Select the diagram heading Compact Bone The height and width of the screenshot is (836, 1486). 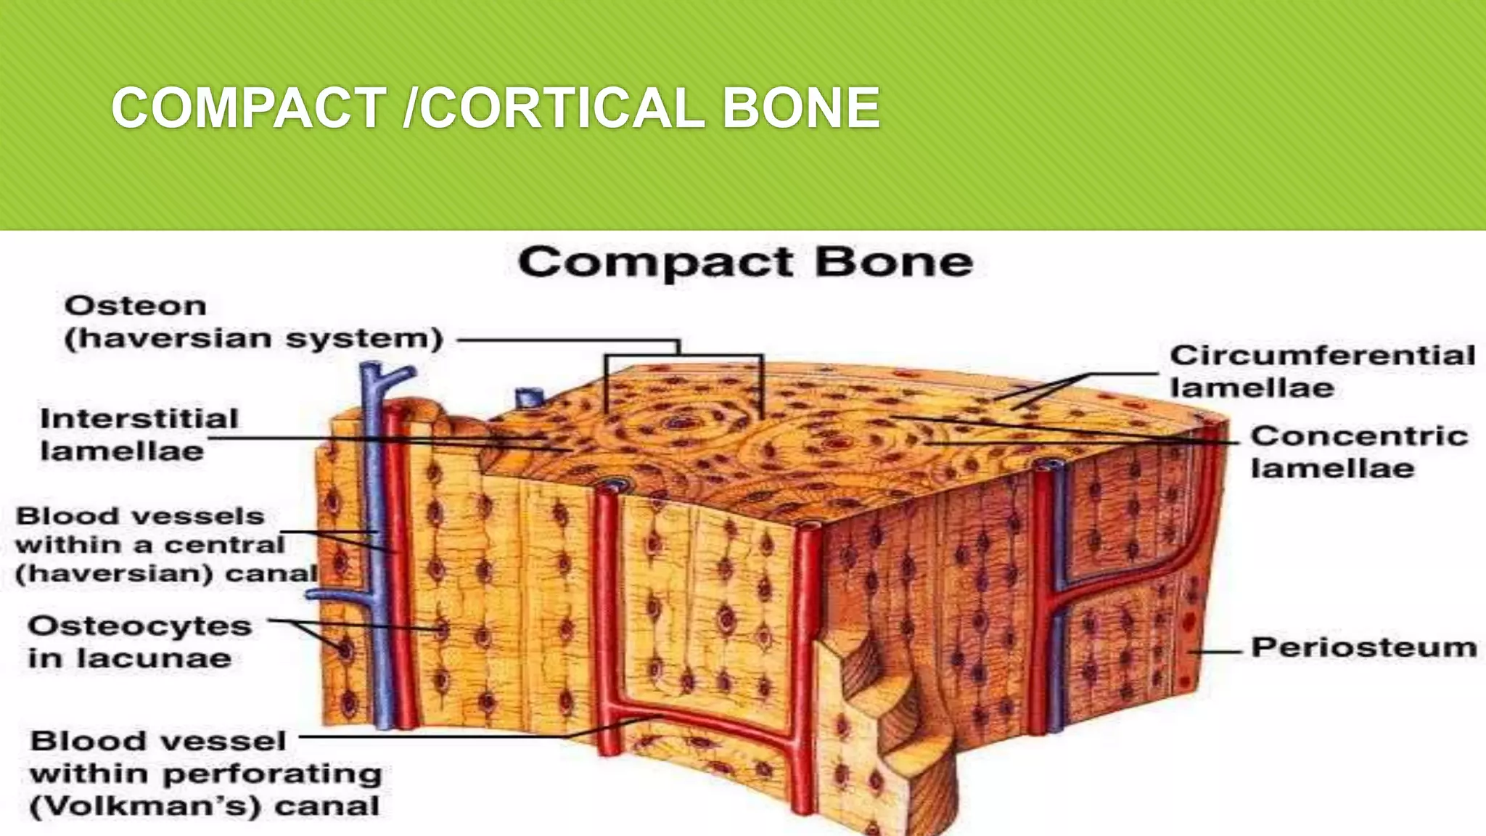[745, 262]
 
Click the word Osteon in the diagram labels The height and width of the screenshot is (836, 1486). [136, 306]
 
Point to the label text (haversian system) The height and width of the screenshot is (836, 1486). [253, 339]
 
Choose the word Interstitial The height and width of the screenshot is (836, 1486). [139, 419]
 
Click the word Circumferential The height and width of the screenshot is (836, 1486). [1322, 356]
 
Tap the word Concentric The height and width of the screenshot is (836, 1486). [1359, 436]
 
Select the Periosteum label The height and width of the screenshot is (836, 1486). [1364, 647]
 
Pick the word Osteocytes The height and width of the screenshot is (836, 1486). [140, 626]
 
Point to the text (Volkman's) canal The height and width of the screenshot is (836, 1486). [205, 806]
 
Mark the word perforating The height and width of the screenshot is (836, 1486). [272, 774]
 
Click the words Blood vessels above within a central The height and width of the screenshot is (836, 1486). [140, 516]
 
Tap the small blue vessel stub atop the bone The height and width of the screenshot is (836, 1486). [529, 398]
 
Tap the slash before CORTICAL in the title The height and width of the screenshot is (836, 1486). [411, 108]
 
